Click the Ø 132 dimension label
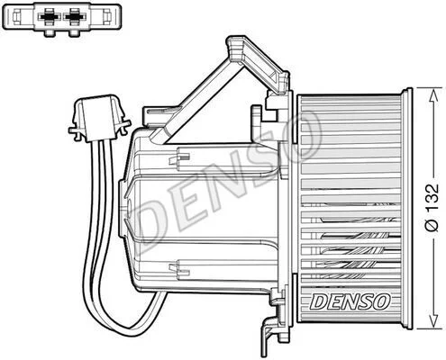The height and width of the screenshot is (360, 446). point(432,207)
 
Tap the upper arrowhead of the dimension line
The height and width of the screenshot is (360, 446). point(432,95)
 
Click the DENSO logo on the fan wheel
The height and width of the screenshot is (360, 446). point(350,301)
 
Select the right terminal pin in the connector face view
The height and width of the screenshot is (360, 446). point(74,16)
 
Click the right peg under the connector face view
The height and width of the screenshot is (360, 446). point(74,33)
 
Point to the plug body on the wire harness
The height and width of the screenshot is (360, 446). point(99,118)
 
